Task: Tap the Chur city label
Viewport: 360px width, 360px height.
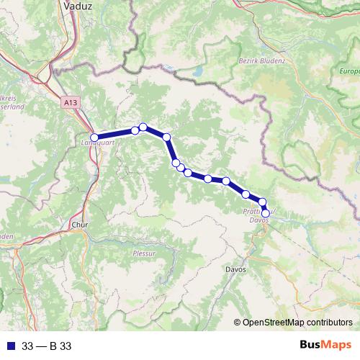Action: click(x=78, y=225)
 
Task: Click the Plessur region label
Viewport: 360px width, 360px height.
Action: click(x=144, y=253)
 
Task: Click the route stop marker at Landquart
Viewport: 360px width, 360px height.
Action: click(x=94, y=137)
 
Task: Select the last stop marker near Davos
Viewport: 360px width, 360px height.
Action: click(x=266, y=213)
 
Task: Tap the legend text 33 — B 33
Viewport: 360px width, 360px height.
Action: click(x=47, y=346)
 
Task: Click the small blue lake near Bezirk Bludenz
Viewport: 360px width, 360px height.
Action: click(x=197, y=72)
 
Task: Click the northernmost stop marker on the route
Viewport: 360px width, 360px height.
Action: click(x=143, y=127)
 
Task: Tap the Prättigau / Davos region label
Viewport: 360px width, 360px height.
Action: click(x=258, y=216)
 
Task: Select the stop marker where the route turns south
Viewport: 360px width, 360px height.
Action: click(x=166, y=137)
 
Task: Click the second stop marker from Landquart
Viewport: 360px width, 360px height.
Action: click(x=135, y=130)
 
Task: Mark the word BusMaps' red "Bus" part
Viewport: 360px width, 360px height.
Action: click(x=312, y=346)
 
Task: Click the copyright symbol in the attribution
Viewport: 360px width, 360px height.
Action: click(x=237, y=323)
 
